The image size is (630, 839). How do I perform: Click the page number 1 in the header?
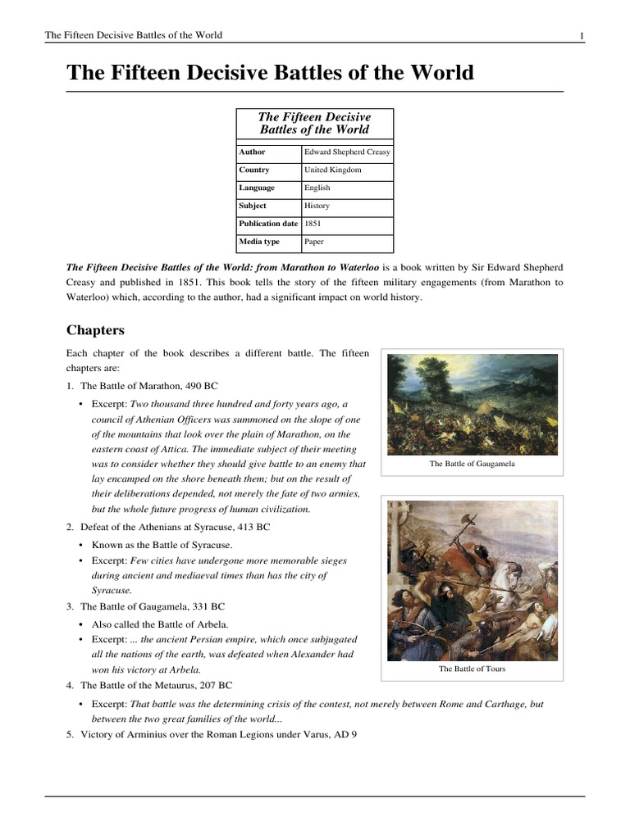click(x=582, y=35)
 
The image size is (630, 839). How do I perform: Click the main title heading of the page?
click(x=270, y=73)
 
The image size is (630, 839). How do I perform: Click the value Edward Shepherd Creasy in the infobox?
click(x=347, y=152)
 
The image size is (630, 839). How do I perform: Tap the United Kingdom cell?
click(x=332, y=170)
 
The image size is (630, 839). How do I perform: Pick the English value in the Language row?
click(x=317, y=188)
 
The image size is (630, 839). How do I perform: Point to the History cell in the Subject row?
click(x=317, y=206)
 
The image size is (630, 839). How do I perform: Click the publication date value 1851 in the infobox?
click(x=313, y=224)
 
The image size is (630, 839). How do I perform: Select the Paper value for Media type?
click(x=314, y=243)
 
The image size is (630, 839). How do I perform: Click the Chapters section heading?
click(x=95, y=330)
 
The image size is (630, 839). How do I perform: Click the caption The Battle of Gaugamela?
click(x=472, y=464)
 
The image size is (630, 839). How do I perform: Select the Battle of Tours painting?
click(x=472, y=579)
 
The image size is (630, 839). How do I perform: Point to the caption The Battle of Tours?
click(x=472, y=669)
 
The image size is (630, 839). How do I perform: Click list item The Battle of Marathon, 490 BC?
click(x=148, y=385)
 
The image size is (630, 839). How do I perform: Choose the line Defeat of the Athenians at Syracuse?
click(x=175, y=527)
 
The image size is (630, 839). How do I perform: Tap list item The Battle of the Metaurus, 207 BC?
click(x=156, y=685)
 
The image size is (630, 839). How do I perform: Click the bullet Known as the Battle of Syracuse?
click(x=162, y=545)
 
